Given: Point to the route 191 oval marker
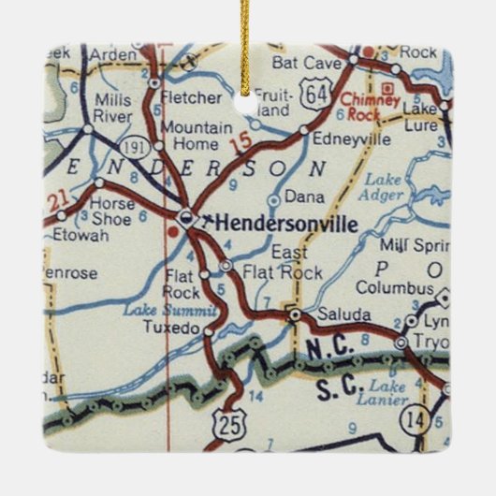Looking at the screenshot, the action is click(133, 147).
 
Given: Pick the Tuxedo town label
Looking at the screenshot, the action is click(169, 329).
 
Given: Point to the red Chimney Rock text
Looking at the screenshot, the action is click(371, 106).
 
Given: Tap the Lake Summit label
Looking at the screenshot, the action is click(174, 310).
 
